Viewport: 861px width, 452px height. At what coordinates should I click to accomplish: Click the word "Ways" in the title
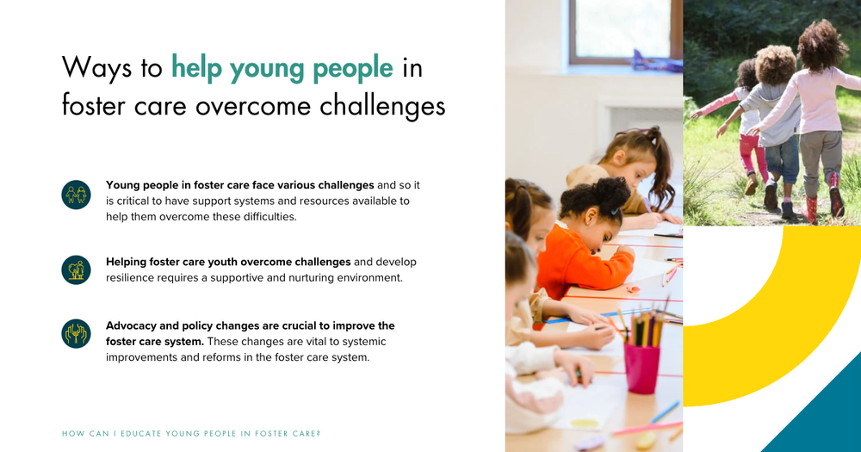(96, 67)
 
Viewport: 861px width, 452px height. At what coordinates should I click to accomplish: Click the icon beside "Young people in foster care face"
(76, 195)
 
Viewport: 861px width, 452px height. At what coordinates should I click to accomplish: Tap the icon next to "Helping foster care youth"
(76, 269)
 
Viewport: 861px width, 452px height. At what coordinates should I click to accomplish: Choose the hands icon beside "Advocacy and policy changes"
(76, 333)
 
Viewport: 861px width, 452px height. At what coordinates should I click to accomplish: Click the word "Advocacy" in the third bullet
(134, 325)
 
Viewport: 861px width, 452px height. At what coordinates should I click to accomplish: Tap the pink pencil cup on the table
(641, 368)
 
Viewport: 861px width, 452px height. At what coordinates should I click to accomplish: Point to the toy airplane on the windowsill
(656, 60)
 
